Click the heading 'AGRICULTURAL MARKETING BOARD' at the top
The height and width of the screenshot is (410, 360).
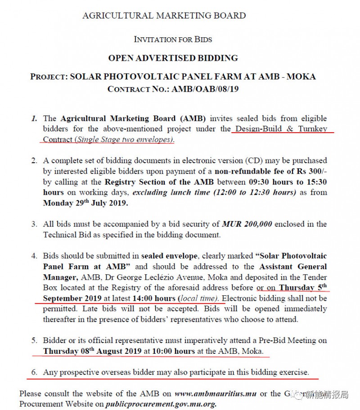(x=164, y=15)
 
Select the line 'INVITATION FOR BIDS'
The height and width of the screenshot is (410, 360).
(x=173, y=39)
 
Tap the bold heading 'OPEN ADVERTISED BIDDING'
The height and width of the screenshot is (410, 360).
(x=173, y=58)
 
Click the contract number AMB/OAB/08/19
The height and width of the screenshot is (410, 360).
(x=205, y=89)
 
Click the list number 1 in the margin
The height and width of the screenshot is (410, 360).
(x=34, y=119)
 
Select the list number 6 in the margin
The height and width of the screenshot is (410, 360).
(x=34, y=372)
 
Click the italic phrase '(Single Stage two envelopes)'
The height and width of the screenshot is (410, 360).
(x=124, y=139)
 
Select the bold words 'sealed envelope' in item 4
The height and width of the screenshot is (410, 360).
(x=169, y=256)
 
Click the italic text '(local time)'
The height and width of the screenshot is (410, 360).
(x=199, y=299)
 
